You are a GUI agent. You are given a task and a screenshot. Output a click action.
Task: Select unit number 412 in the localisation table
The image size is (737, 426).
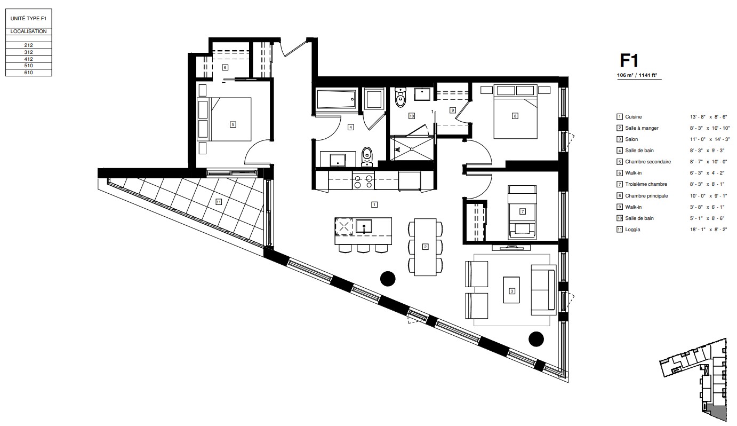(x=28, y=59)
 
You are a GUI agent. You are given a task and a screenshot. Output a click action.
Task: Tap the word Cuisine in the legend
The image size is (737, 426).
(x=634, y=116)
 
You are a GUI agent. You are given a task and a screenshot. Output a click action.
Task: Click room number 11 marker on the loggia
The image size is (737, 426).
(x=219, y=202)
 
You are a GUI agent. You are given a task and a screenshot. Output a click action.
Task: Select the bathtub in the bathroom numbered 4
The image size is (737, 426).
(x=335, y=99)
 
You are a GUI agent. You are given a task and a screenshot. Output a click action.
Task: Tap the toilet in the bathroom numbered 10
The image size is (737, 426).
(x=400, y=98)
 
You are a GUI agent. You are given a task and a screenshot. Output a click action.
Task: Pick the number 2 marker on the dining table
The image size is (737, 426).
(x=426, y=247)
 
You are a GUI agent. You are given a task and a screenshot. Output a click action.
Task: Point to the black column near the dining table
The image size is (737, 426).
(x=388, y=278)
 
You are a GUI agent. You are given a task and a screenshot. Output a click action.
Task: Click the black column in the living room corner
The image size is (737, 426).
(x=536, y=338)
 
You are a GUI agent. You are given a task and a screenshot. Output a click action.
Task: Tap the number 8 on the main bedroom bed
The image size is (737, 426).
(x=515, y=116)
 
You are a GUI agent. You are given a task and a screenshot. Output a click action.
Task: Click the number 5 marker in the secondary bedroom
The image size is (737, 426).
(x=233, y=124)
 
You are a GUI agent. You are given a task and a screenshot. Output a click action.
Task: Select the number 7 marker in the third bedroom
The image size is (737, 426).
(x=523, y=211)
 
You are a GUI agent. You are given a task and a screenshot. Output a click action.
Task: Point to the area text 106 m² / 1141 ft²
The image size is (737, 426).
(x=638, y=76)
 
